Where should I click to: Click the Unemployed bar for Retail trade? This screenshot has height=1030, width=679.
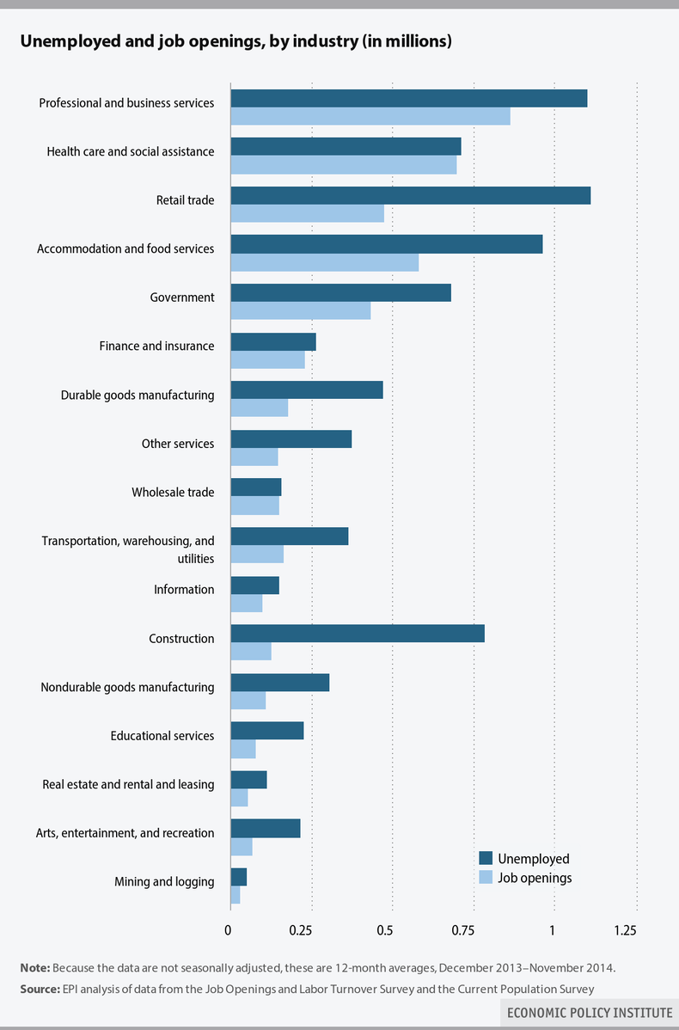coord(410,195)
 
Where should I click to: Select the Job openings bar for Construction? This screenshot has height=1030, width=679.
coord(251,652)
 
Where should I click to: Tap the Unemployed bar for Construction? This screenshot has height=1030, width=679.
coord(358,634)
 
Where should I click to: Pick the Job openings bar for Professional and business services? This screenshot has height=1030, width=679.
coord(370,116)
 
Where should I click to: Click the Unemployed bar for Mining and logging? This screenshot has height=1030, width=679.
coord(239,877)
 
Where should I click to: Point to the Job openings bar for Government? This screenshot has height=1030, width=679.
coord(301,310)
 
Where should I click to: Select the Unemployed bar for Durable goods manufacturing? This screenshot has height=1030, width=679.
coord(307,390)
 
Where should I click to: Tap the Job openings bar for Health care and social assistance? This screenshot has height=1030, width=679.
coord(344,164)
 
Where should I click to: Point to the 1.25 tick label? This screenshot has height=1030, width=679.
coord(625,930)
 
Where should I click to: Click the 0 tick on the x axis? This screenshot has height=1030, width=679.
coord(228,930)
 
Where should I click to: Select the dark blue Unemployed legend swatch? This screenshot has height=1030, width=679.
coord(486,858)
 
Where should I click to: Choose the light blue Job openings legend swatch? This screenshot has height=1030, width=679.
coord(486,878)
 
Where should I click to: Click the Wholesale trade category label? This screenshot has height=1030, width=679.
coord(173,493)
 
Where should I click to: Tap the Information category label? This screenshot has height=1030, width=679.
coord(184,590)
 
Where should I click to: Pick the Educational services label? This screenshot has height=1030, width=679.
coord(162,736)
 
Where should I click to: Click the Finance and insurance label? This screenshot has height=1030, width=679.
coord(156,346)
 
